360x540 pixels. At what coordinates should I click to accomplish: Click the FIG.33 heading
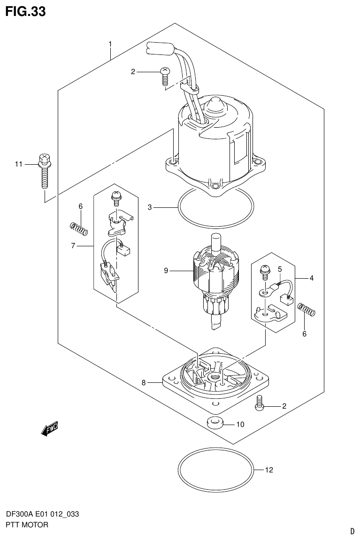tap(25, 11)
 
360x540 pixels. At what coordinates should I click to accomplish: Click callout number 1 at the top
tap(110, 44)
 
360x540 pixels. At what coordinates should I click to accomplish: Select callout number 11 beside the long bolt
tap(19, 164)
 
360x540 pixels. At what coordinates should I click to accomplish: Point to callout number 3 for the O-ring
tap(150, 207)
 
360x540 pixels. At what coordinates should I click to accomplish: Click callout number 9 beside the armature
tap(166, 271)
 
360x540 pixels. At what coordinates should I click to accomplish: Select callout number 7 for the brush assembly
tap(74, 245)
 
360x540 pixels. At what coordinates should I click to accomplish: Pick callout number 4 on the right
tap(311, 278)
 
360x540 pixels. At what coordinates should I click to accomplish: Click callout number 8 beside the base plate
tap(144, 383)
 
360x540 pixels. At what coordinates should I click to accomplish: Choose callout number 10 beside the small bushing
tap(240, 425)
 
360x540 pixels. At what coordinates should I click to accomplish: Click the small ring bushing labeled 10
tap(215, 422)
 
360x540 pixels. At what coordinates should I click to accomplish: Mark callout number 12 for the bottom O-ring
tap(268, 470)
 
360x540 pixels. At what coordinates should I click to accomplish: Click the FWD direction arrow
tap(49, 428)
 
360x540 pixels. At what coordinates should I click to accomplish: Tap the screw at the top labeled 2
tap(164, 76)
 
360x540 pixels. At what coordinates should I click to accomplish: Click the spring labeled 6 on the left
tap(79, 229)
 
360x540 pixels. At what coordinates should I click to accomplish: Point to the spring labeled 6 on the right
tap(307, 310)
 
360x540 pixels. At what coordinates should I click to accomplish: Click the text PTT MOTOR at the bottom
tap(27, 525)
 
